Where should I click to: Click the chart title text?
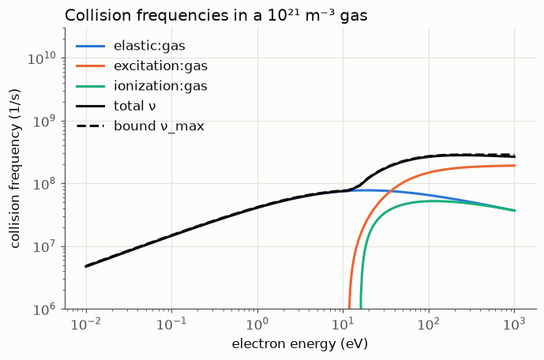216,16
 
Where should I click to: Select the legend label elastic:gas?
149,46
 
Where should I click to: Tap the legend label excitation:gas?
160,66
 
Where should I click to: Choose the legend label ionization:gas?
160,86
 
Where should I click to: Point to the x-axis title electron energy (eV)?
300,344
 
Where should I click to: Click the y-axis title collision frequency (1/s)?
15,169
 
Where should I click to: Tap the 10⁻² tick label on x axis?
86,324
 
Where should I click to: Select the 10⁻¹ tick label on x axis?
171,324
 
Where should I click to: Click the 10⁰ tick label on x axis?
257,324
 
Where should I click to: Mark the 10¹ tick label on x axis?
343,324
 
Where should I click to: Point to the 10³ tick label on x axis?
514,324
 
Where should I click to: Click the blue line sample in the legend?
91,46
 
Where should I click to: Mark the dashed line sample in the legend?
91,126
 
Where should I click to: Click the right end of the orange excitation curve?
515,166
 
